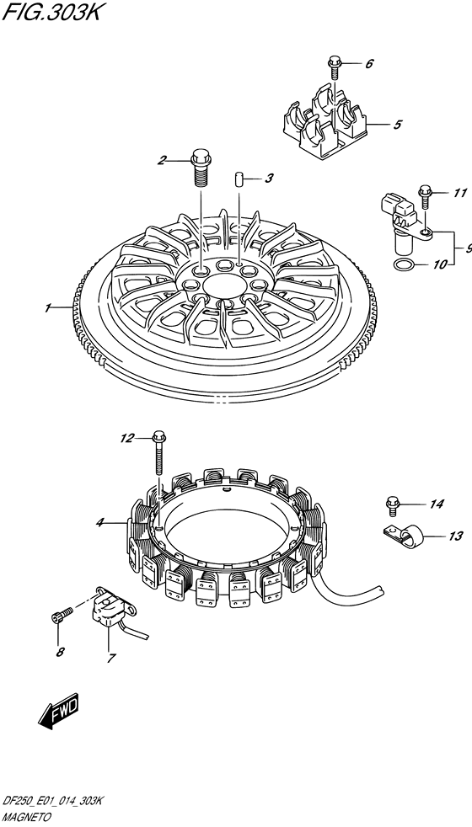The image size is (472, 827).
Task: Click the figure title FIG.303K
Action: click(x=51, y=12)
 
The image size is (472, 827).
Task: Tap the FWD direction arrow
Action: click(x=59, y=712)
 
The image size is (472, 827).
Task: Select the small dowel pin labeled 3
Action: click(x=239, y=179)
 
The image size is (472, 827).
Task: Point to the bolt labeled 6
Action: click(x=334, y=67)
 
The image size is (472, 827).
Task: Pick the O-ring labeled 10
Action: click(x=404, y=264)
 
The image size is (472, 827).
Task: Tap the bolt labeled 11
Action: click(x=425, y=197)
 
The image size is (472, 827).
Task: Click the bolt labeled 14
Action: click(x=392, y=504)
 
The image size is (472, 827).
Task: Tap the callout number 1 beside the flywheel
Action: click(x=47, y=308)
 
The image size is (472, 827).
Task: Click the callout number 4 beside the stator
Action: click(x=99, y=523)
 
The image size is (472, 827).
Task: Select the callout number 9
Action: click(x=468, y=248)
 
